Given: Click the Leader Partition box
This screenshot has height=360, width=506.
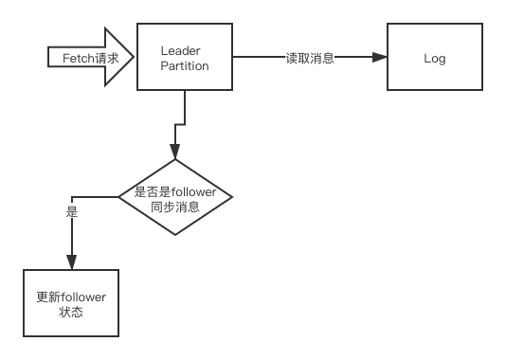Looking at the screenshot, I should tap(185, 58).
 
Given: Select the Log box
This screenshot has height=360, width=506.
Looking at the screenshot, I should tap(433, 58).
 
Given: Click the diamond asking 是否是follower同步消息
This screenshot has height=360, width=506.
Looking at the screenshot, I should tap(175, 198).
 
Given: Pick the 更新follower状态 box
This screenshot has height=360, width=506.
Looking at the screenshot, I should tap(70, 303).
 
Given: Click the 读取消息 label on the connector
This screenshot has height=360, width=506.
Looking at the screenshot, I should tap(310, 58).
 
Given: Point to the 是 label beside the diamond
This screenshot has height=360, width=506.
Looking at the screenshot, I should tap(71, 212).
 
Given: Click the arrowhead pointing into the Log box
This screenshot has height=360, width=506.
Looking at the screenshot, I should tap(380, 58).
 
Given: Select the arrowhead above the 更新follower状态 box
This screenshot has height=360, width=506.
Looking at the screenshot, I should tap(70, 262).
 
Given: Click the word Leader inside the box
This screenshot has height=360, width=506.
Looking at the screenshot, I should tap(184, 50).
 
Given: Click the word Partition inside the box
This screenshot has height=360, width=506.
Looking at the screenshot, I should tap(184, 65).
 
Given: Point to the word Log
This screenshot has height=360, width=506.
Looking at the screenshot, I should tap(434, 59).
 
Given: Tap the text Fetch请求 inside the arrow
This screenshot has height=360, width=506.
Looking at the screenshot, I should tap(90, 58).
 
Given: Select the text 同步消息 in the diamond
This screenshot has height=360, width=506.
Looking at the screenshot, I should tap(175, 207).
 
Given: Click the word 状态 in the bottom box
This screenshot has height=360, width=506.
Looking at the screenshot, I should tap(70, 311).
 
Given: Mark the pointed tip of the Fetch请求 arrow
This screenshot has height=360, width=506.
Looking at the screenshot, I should tap(136, 58).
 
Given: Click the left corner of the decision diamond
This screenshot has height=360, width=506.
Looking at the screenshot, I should tap(120, 198).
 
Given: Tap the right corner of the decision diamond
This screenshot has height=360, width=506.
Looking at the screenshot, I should tap(230, 198).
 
